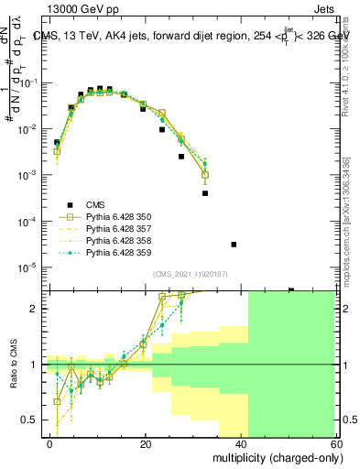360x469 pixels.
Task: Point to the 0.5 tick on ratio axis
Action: point(32,420)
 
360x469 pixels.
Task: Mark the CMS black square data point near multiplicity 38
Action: point(234,245)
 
